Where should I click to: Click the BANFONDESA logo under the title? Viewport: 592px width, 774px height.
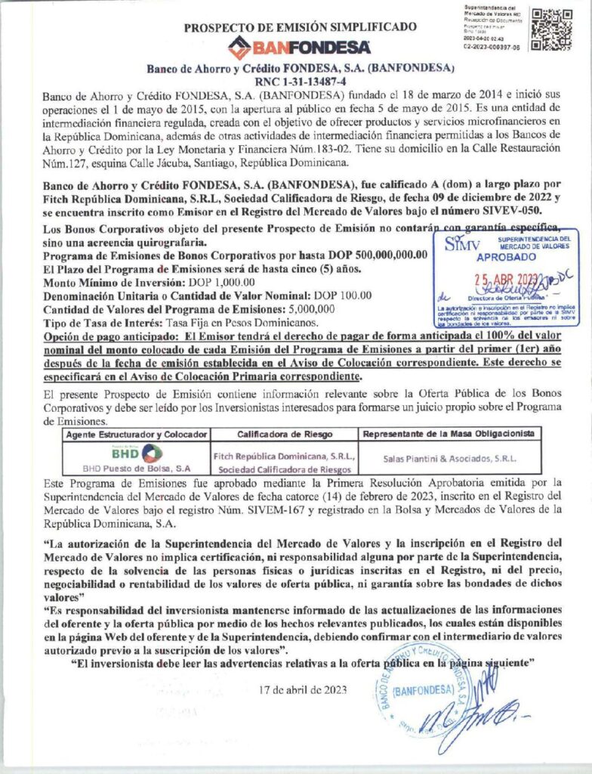300,47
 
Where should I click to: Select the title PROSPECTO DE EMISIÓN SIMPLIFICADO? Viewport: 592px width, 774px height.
300,27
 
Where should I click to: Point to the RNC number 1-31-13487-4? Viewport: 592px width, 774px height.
300,81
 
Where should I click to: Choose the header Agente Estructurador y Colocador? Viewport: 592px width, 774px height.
135,435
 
